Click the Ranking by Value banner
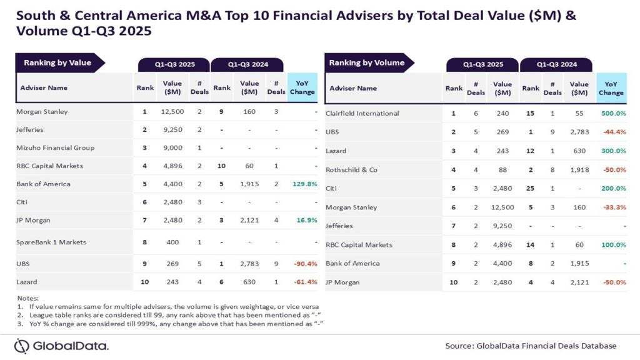point(57,62)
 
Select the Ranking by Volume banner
point(367,62)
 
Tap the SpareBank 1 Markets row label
point(51,241)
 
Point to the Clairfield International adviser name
point(362,113)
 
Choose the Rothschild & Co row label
point(351,169)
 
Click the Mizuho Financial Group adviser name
point(56,147)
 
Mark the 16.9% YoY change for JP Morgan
point(304,219)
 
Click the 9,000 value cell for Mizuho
point(172,147)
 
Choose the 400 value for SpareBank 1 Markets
point(172,241)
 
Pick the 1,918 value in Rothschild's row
point(579,169)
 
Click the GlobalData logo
point(61,346)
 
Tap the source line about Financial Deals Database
point(531,346)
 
